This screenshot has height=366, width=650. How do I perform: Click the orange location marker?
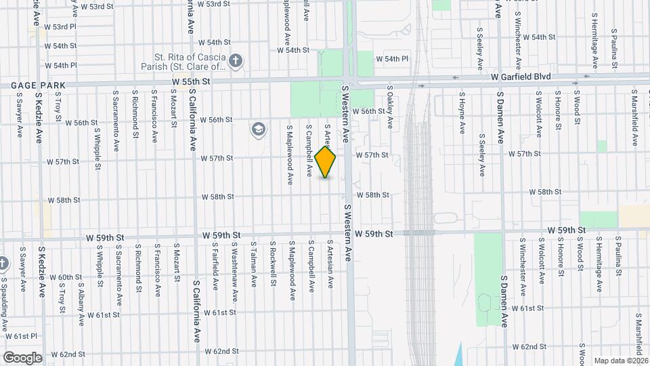click(326, 162)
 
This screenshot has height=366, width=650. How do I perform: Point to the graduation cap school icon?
click(258, 129)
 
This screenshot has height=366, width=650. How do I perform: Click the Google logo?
click(22, 357)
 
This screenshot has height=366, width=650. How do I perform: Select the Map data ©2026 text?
click(620, 361)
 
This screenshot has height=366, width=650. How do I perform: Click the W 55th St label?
click(192, 81)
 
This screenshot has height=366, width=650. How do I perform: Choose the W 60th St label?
click(70, 277)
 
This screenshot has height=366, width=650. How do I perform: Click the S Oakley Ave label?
click(390, 107)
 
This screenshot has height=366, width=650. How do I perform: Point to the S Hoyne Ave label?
click(462, 113)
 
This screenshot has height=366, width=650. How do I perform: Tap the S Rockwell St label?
click(272, 260)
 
